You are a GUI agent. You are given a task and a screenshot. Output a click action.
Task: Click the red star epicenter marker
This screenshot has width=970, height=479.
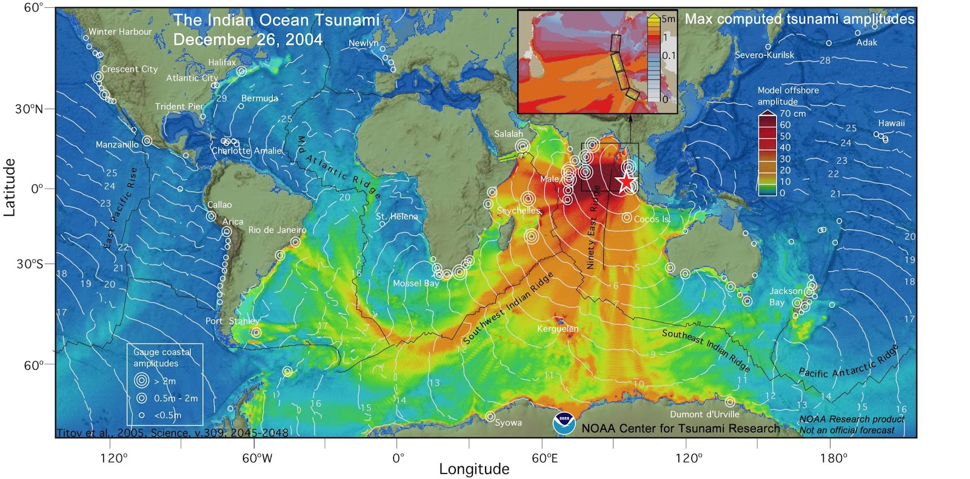tap(626, 181)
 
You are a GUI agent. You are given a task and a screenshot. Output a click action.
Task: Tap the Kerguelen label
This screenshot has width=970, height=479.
tap(557, 329)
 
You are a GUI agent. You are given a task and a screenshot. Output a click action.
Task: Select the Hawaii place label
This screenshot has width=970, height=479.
tap(891, 123)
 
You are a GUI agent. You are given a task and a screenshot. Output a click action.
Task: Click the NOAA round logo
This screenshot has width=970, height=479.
tap(564, 423)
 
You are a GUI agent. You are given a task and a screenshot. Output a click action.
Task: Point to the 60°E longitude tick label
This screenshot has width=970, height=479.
tap(545, 458)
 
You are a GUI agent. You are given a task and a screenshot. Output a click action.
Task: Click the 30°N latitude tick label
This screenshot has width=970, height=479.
tap(29, 109)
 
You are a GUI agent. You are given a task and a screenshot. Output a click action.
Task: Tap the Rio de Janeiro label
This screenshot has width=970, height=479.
tap(277, 230)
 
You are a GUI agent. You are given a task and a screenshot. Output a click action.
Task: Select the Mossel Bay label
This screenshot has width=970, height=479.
tap(415, 284)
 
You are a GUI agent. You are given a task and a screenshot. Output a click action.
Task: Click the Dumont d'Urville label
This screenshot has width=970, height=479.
tap(704, 414)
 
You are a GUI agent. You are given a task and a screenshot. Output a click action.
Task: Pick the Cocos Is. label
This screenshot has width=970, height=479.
tap(652, 219)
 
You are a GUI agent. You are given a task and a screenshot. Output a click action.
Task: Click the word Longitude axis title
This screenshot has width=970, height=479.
tap(474, 469)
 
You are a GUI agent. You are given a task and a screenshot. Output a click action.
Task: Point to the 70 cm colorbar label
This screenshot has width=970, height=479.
tap(792, 114)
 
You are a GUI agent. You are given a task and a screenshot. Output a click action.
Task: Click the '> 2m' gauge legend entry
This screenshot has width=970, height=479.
tap(164, 381)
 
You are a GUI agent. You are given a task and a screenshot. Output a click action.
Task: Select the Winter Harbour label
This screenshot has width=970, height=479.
tap(120, 32)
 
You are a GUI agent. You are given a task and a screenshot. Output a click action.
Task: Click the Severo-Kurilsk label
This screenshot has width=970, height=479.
tap(764, 55)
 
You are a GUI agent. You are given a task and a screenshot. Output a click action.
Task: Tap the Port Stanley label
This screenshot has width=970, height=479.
tap(232, 321)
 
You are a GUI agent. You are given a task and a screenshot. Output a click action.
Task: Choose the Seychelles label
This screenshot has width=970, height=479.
tap(518, 211)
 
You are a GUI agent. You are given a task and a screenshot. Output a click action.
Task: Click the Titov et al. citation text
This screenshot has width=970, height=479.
tap(172, 433)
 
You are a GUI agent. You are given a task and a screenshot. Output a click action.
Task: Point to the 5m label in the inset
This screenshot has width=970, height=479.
tap(668, 19)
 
